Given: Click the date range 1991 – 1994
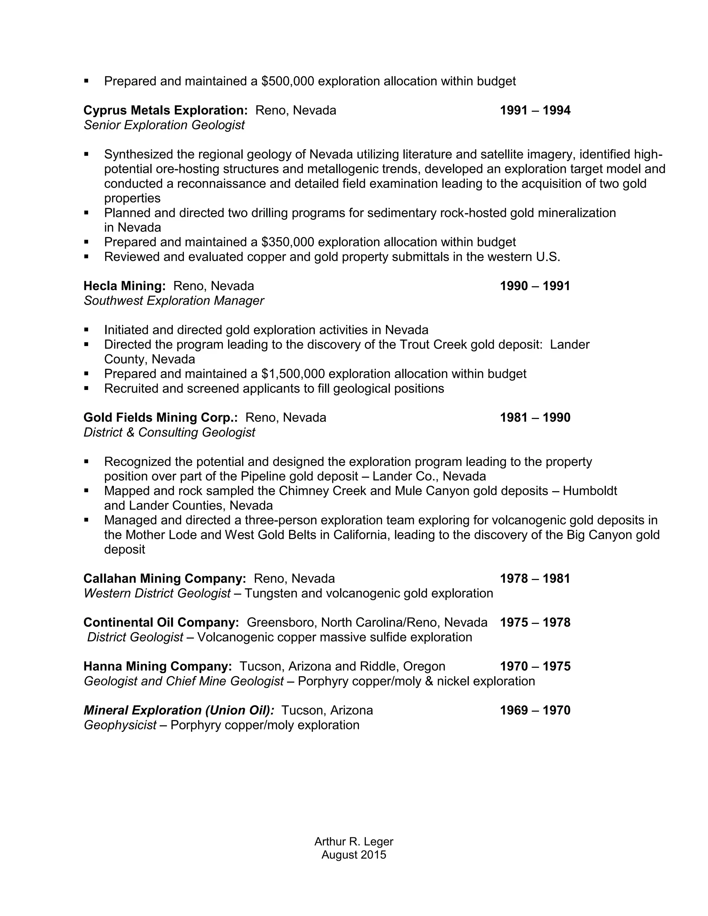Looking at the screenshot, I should click(535, 111).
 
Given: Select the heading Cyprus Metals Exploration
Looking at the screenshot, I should click(166, 111).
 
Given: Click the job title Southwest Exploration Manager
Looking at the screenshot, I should click(174, 301).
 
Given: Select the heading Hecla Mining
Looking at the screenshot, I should click(124, 286).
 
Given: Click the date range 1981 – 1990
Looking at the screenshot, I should click(535, 418).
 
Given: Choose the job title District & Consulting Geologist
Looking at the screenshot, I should click(169, 432).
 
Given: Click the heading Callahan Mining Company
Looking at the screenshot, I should click(165, 579).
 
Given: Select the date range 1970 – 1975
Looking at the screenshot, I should click(535, 666).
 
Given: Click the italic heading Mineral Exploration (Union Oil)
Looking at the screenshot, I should click(179, 710).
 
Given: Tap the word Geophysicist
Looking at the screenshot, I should click(120, 725).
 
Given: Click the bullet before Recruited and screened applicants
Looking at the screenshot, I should click(86, 389).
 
